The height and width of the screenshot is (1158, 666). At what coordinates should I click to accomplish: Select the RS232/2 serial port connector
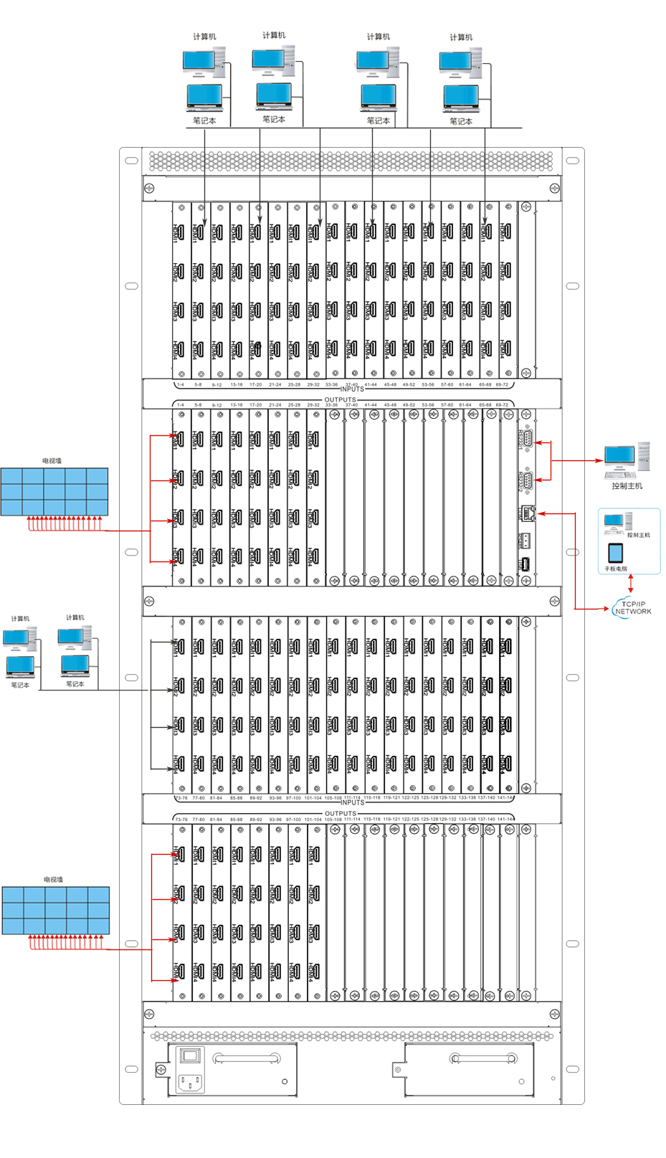point(528,480)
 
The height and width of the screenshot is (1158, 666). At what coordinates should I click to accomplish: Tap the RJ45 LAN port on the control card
point(528,513)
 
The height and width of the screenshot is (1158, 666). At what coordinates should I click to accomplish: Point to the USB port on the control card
point(527,564)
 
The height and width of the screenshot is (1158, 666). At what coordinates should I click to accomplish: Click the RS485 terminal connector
point(527,540)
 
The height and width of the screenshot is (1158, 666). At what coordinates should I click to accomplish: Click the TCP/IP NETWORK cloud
point(632,608)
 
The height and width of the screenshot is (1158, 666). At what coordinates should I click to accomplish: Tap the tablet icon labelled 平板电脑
point(615,553)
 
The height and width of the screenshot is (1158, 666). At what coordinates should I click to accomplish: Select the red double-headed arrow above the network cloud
point(631,584)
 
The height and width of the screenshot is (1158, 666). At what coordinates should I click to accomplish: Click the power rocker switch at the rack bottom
point(189,1056)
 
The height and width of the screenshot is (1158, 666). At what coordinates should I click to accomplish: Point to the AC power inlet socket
point(189,1081)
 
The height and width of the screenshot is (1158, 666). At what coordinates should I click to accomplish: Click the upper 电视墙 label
point(52,461)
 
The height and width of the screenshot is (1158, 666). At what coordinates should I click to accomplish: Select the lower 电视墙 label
point(54,879)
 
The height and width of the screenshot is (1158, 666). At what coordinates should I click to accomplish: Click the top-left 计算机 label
point(204,37)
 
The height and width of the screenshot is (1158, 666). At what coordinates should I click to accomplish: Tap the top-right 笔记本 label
point(461,121)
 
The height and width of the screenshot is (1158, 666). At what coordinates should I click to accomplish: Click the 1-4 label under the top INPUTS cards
point(181,384)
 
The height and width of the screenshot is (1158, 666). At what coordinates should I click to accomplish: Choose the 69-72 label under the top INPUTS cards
point(502,384)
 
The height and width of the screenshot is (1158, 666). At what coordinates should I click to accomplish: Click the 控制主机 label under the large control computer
point(627,486)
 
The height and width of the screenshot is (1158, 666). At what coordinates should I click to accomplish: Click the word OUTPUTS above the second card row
point(340,400)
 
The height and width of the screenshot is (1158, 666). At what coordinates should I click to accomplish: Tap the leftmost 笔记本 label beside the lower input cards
point(20,685)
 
